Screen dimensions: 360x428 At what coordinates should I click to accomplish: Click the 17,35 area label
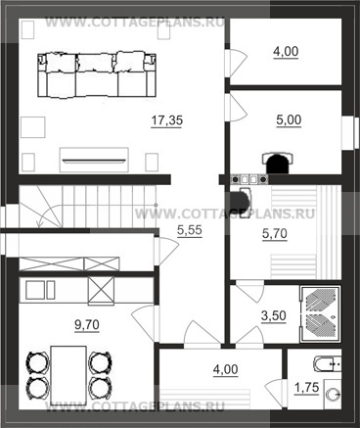click(x=167, y=120)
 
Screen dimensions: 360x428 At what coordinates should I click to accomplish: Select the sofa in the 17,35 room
click(x=97, y=74)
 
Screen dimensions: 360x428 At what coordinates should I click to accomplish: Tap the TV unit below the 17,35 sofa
click(x=94, y=160)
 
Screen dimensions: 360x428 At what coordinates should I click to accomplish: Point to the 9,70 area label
click(x=87, y=325)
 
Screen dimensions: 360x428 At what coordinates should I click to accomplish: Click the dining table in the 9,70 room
click(x=68, y=375)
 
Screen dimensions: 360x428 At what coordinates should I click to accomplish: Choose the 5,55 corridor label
click(x=190, y=230)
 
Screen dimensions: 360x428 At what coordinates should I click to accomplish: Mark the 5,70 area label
click(x=275, y=234)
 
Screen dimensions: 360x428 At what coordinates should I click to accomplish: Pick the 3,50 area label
click(x=274, y=315)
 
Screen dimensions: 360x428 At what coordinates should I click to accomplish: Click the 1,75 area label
click(x=306, y=388)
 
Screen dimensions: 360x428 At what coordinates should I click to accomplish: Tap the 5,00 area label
click(x=289, y=120)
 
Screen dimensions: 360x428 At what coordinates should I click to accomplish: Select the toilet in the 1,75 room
click(x=327, y=364)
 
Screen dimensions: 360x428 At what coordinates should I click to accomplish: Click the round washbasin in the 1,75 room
click(x=334, y=395)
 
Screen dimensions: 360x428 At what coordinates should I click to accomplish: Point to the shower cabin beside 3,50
click(x=320, y=314)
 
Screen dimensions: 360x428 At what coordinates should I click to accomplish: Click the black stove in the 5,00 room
click(x=278, y=163)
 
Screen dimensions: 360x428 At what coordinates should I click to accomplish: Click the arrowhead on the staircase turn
click(x=40, y=224)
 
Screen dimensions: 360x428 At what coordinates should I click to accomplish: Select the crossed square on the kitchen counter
click(x=102, y=291)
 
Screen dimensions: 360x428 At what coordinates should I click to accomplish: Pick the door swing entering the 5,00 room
click(x=238, y=107)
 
